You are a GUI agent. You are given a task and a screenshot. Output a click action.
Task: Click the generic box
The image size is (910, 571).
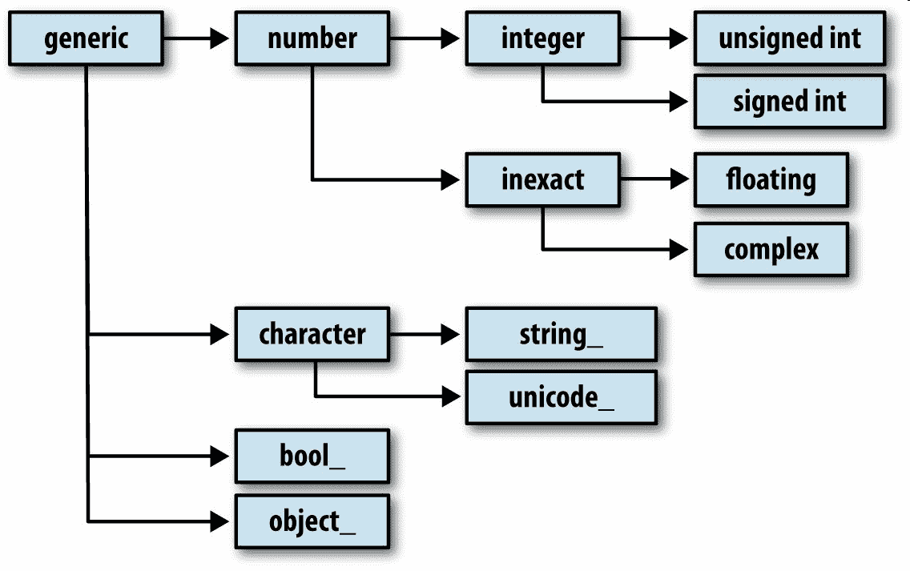(85, 38)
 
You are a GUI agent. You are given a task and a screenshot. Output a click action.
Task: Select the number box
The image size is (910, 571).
(312, 38)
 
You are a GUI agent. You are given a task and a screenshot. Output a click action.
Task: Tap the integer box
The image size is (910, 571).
(542, 38)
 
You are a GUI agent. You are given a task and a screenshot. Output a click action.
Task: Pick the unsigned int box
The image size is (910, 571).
(789, 38)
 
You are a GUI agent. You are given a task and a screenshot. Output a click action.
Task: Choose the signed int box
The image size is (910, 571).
(789, 102)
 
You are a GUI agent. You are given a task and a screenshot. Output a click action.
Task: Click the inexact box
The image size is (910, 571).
(542, 179)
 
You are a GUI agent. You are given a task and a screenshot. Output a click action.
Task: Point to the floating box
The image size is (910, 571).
(771, 179)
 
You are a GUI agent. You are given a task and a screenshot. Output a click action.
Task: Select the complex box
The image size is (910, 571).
(771, 249)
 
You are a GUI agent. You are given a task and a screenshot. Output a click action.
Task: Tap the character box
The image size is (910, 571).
(312, 334)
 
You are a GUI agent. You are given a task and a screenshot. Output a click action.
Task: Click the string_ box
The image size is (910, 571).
(561, 334)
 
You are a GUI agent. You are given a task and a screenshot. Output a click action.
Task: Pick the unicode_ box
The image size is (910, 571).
(561, 397)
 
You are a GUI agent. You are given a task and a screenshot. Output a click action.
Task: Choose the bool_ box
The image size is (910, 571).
(312, 456)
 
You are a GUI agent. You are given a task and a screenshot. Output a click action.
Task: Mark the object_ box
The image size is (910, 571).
(312, 521)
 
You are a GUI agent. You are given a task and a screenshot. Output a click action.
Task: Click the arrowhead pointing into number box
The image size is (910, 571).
(220, 37)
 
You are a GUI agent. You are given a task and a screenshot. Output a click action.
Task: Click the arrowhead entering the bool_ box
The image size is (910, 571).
(220, 456)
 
